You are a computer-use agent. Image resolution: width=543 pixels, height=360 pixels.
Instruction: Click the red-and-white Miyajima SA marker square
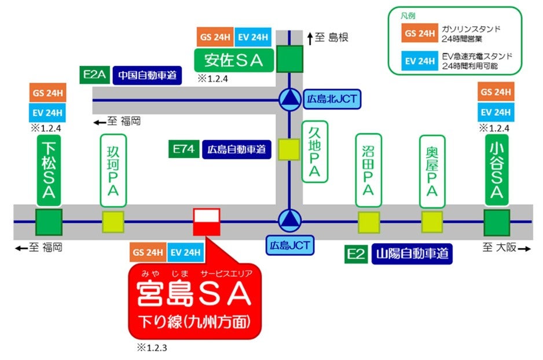[x=206, y=222]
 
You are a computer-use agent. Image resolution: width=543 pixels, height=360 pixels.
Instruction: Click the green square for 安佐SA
[x=289, y=58]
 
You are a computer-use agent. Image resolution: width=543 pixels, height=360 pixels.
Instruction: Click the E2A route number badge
[x=94, y=75]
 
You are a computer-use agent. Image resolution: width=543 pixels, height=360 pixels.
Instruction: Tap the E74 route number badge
[x=184, y=149]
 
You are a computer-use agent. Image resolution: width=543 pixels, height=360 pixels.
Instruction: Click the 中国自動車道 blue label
[x=148, y=75]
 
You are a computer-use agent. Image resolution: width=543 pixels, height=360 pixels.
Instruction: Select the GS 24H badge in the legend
[x=420, y=33]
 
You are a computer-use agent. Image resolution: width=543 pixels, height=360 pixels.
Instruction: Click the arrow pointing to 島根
[x=310, y=38]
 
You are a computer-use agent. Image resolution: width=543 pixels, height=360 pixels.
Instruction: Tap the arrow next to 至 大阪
[x=523, y=248]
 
